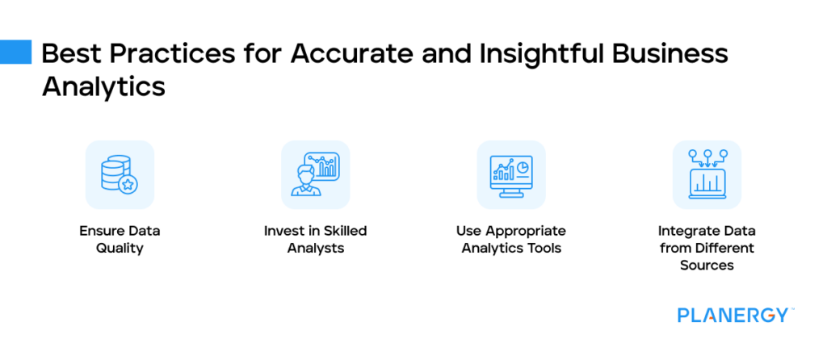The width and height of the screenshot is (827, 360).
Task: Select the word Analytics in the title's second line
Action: click(x=103, y=86)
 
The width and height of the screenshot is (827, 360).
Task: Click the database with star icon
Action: click(x=120, y=175)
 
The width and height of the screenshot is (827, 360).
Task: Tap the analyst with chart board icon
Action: click(x=315, y=175)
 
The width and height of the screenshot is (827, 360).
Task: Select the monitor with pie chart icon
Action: click(x=511, y=175)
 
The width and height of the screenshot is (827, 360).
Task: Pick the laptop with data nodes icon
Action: click(x=707, y=175)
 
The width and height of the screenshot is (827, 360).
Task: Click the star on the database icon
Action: click(x=128, y=185)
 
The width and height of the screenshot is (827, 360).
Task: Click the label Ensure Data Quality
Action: click(x=120, y=240)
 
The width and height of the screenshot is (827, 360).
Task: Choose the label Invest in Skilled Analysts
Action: click(x=315, y=240)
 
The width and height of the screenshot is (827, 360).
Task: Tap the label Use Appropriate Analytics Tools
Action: click(x=511, y=240)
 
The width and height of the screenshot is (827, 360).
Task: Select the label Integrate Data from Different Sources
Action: click(x=707, y=248)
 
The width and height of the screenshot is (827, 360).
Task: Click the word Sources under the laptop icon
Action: click(x=707, y=265)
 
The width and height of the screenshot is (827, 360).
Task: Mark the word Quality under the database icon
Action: click(x=120, y=249)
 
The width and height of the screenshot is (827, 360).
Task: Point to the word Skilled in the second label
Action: click(x=343, y=231)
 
